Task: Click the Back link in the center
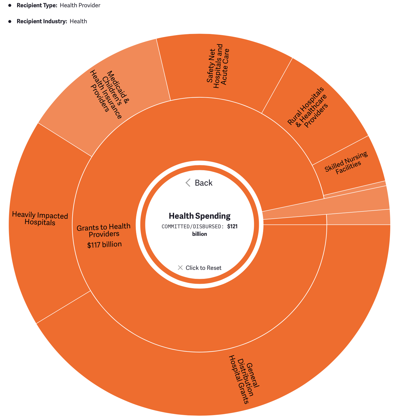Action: [x=199, y=183]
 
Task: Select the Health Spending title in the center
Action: [x=200, y=216]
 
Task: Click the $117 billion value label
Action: [x=104, y=245]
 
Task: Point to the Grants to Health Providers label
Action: [x=104, y=230]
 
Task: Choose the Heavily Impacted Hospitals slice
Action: [x=40, y=219]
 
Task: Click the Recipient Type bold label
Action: [x=37, y=6]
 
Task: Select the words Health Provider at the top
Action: [x=80, y=6]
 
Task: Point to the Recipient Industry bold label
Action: [x=42, y=21]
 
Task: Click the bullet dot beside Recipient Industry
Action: [x=10, y=21]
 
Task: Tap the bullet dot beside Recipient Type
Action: [x=10, y=6]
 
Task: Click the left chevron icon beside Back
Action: [x=188, y=183]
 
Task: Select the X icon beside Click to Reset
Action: [x=180, y=268]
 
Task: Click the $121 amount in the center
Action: [x=232, y=227]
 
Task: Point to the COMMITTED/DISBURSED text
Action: [x=193, y=227]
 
